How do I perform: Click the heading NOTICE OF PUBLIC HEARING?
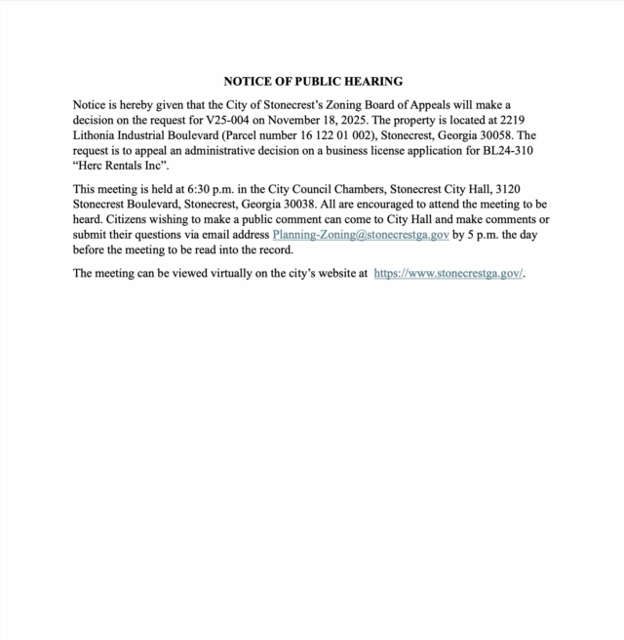[x=313, y=82]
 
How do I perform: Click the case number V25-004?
[x=249, y=120]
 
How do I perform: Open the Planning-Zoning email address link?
[x=361, y=235]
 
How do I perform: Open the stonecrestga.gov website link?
[x=448, y=273]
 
